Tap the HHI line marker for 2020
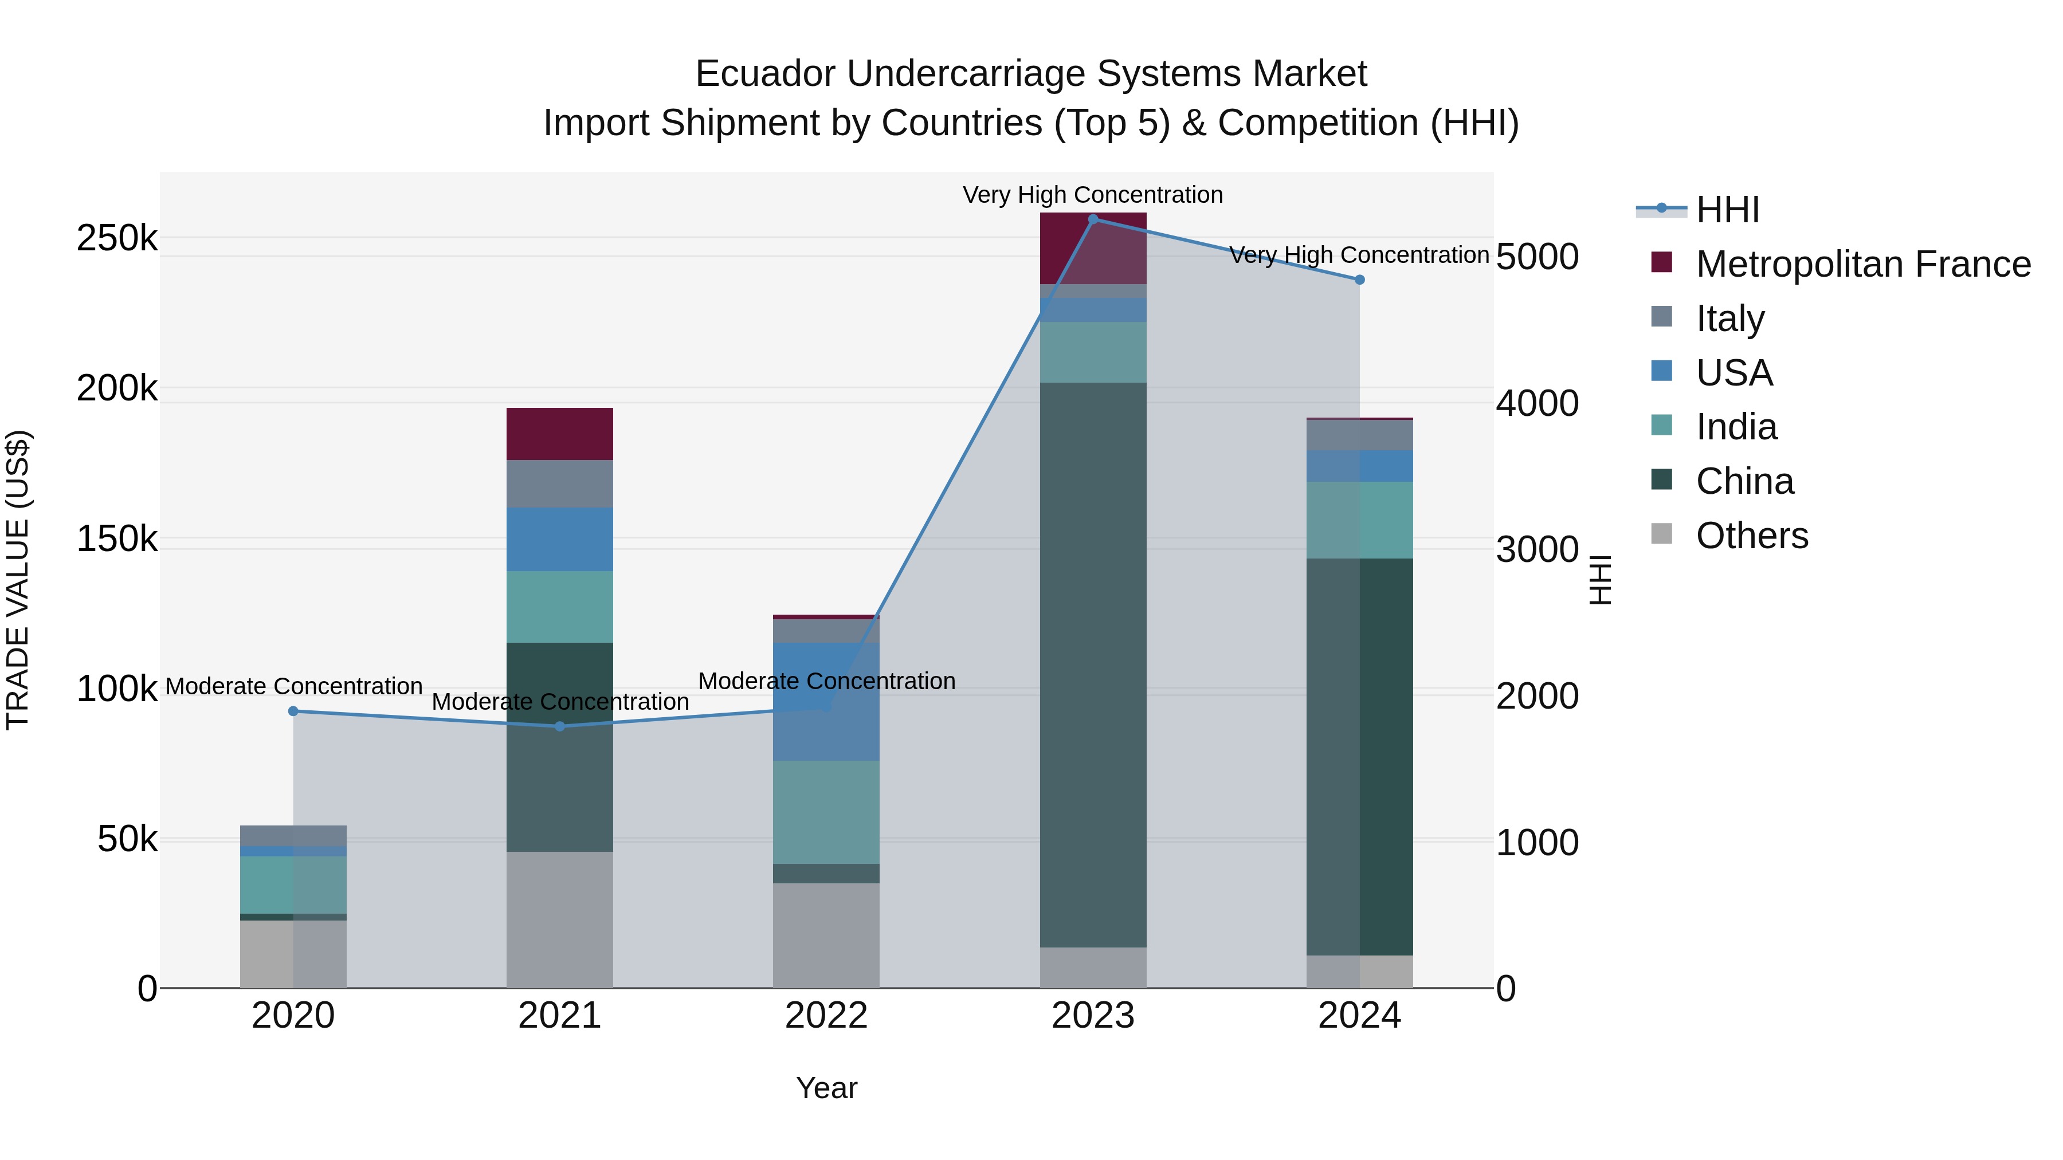(293, 711)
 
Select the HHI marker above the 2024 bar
(1359, 280)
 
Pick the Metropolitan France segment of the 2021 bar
(560, 433)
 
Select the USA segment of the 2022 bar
(826, 701)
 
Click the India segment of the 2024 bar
(1359, 520)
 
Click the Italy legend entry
(1730, 318)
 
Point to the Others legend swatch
(1662, 534)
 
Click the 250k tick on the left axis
(117, 238)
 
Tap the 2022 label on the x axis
(826, 1016)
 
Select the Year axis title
(826, 1088)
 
